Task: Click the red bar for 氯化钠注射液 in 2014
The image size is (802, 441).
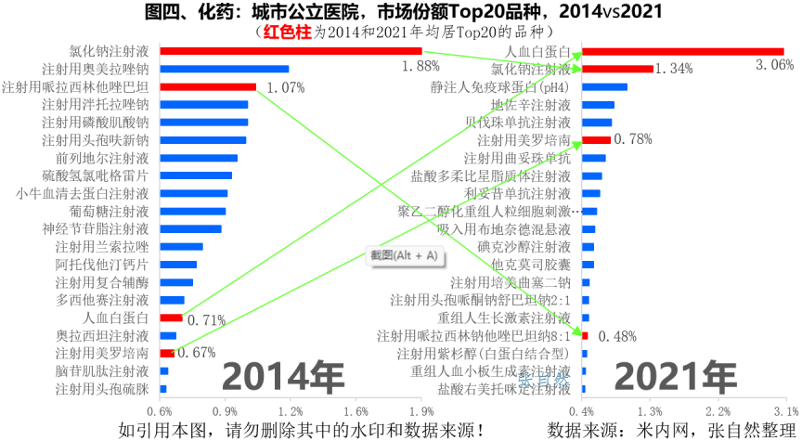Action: tap(291, 51)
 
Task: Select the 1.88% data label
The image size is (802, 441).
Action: tap(420, 66)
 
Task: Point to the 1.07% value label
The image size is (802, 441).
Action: tap(285, 88)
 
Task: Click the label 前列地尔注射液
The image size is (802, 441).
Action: tap(95, 158)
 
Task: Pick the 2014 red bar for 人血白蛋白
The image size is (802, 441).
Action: tap(171, 318)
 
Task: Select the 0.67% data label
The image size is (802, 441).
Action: tap(196, 353)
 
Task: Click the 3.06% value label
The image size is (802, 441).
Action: tap(774, 65)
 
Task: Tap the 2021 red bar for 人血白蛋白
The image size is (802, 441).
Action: tap(682, 51)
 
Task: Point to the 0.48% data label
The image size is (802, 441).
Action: tap(615, 336)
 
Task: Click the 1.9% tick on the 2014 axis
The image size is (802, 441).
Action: tap(422, 411)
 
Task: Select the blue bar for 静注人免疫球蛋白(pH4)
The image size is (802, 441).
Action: tap(604, 87)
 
